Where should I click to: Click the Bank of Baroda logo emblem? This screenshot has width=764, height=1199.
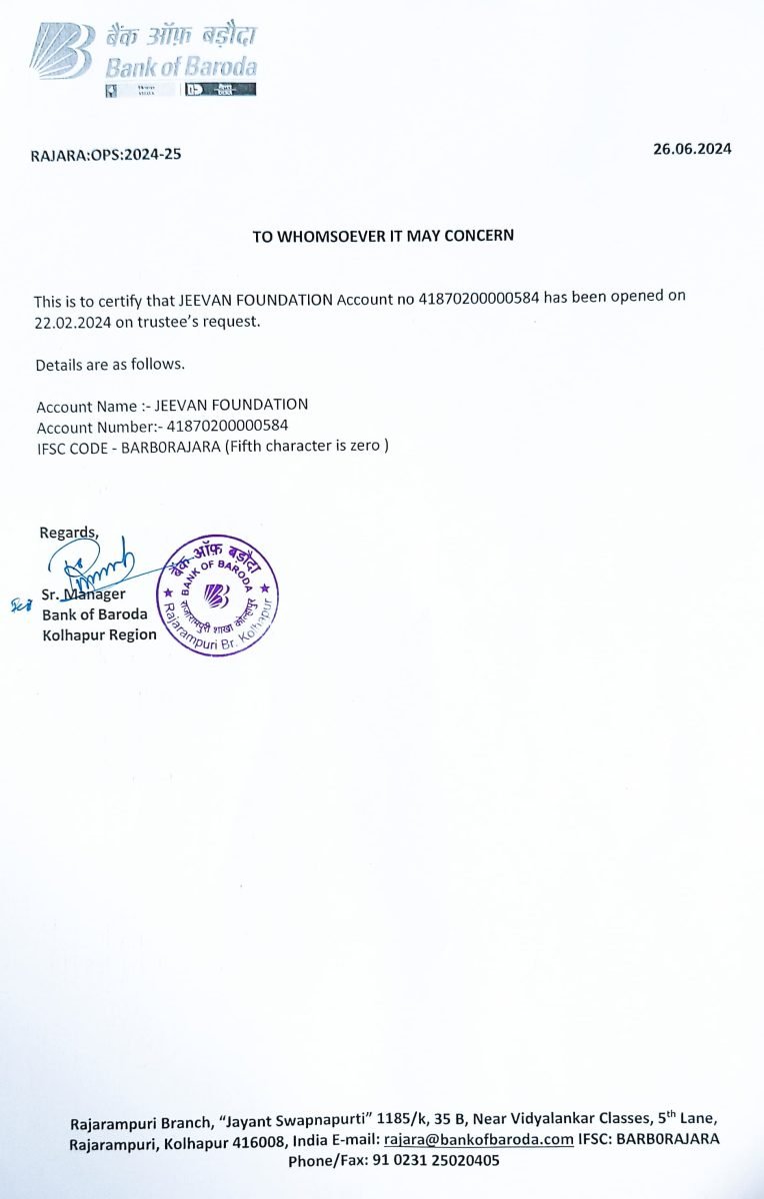pyautogui.click(x=61, y=50)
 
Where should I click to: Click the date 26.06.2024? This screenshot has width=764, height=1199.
pyautogui.click(x=692, y=149)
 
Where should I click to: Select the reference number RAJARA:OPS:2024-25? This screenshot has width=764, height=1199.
pyautogui.click(x=107, y=155)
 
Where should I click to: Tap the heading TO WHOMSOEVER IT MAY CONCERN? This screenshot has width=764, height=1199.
pyautogui.click(x=383, y=236)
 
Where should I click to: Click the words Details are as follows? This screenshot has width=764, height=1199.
pyautogui.click(x=110, y=364)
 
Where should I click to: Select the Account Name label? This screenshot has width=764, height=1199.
pyautogui.click(x=86, y=406)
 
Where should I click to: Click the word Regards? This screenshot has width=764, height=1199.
pyautogui.click(x=69, y=532)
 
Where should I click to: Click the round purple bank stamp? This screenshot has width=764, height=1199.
pyautogui.click(x=218, y=595)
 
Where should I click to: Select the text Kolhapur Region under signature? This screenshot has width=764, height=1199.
pyautogui.click(x=99, y=634)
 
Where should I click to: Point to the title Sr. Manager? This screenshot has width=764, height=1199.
pyautogui.click(x=84, y=595)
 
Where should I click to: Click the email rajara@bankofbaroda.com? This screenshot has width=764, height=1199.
pyautogui.click(x=479, y=1140)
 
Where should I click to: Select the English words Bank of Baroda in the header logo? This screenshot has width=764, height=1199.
pyautogui.click(x=181, y=68)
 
